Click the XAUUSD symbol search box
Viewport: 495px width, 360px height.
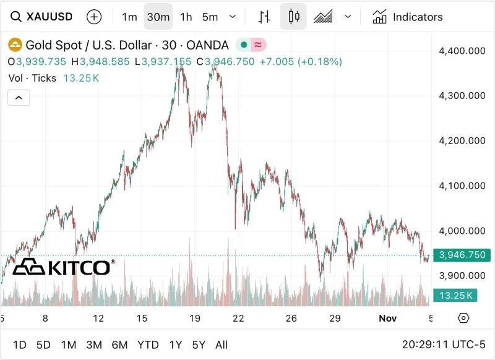[x=42, y=17]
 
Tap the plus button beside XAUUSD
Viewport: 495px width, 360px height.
[x=94, y=17]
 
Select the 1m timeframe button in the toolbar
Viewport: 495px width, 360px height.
[x=129, y=17]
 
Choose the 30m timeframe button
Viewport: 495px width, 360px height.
[x=158, y=17]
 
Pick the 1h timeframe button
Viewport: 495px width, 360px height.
[x=186, y=17]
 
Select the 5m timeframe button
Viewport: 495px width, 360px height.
[x=210, y=17]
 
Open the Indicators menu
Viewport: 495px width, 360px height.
[x=408, y=17]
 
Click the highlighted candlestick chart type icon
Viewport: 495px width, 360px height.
[x=293, y=17]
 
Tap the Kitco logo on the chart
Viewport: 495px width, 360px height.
[x=63, y=267]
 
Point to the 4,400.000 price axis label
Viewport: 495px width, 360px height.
[x=462, y=51]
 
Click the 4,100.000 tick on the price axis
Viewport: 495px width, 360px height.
[x=462, y=186]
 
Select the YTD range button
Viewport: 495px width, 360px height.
[x=148, y=345]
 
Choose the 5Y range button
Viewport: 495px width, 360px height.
[x=199, y=345]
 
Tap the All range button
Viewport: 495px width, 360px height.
[x=222, y=345]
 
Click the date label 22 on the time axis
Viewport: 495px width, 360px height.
[x=238, y=319]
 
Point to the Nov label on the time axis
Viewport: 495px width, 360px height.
[x=387, y=319]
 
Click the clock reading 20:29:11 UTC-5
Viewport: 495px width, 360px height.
[x=444, y=345]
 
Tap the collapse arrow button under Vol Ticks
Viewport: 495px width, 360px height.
[x=19, y=98]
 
